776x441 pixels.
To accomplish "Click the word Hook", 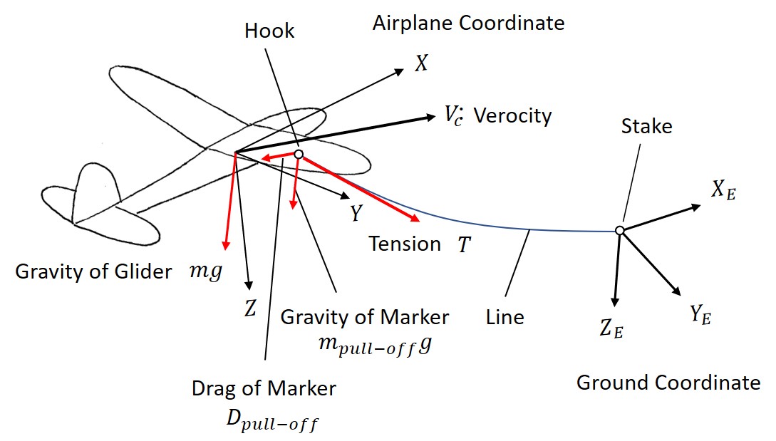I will tap(269, 31).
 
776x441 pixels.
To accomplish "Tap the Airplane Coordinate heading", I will tap(468, 23).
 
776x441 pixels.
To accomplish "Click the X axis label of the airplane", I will tap(421, 65).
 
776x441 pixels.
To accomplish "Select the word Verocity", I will tap(512, 115).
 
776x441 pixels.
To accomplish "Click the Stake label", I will tap(646, 127).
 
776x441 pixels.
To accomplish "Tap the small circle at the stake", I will tap(620, 230).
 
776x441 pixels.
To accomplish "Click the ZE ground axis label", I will tap(611, 330).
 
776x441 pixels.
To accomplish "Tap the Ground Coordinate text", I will tap(668, 383).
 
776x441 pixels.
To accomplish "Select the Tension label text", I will tap(404, 244).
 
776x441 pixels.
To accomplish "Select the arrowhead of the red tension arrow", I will tap(411, 220).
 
